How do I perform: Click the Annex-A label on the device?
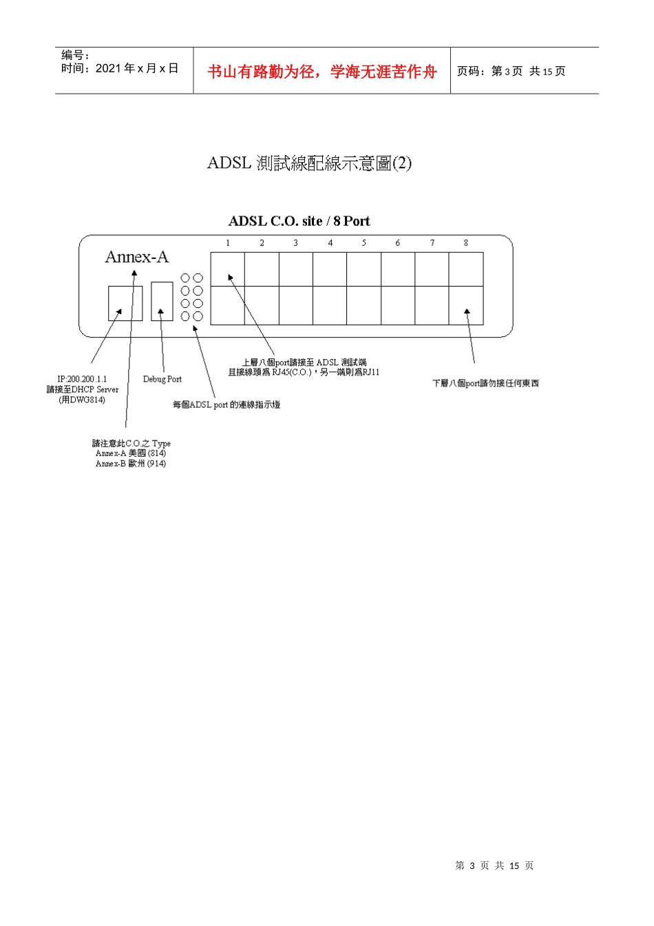coord(136,257)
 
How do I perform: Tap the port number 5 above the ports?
coord(363,243)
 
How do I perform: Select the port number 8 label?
coord(466,243)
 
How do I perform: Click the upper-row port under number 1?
coord(228,269)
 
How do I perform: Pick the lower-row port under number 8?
coord(466,305)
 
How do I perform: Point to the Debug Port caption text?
coord(162,379)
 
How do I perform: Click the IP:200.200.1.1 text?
coord(82,379)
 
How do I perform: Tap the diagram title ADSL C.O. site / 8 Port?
coord(299,221)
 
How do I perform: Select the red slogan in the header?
coord(321,72)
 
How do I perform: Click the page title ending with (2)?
coord(309,163)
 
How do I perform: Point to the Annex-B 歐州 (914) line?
coord(131,464)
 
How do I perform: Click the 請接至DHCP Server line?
coord(82,389)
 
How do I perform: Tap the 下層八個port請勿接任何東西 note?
coord(485,383)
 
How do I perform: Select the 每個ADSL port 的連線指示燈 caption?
coord(226,404)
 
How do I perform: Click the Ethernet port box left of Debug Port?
coord(125,303)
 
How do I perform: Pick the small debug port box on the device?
coord(162,301)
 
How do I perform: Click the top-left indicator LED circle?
coord(185,278)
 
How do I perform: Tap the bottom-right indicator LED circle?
coord(198,316)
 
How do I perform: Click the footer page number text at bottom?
coord(494,865)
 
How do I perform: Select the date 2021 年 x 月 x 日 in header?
coord(137,68)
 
